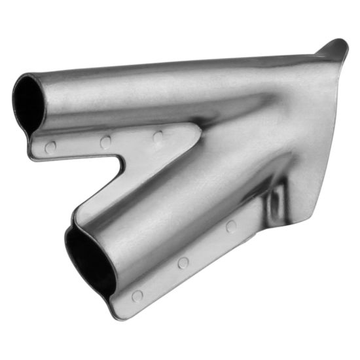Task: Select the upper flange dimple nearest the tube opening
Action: [x=50, y=147]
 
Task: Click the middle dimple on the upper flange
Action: [x=105, y=141]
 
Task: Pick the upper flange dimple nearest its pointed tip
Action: [x=158, y=137]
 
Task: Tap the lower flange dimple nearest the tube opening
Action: [x=137, y=296]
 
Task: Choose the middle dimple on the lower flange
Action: [x=183, y=262]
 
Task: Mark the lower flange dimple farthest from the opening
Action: [x=230, y=226]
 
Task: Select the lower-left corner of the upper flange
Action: [x=33, y=156]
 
